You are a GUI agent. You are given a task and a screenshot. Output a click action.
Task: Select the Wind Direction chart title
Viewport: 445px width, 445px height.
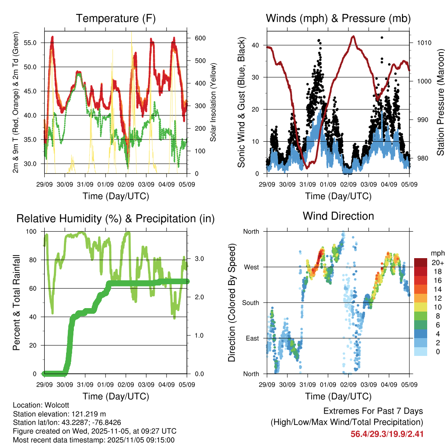(x=338, y=216)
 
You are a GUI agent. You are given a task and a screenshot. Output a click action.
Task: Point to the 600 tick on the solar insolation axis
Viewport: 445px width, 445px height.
(x=200, y=38)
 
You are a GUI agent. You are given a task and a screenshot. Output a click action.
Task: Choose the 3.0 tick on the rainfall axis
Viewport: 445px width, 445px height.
(x=199, y=259)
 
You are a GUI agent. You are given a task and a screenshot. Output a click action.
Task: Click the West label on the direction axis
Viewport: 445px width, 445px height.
(x=251, y=267)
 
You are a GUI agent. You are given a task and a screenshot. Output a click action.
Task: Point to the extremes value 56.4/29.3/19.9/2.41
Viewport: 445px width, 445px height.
(x=387, y=434)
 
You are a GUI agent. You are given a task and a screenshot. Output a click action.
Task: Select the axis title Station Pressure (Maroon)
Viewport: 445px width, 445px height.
(x=440, y=96)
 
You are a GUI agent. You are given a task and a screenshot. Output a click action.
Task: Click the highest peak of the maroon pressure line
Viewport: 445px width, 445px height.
(x=353, y=37)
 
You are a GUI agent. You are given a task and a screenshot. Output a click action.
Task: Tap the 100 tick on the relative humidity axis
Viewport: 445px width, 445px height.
(x=33, y=231)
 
